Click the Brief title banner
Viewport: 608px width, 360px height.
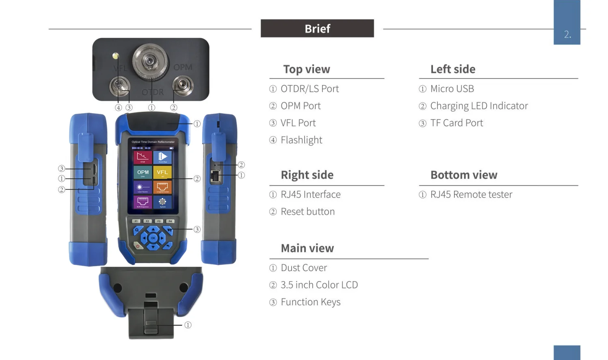click(x=317, y=28)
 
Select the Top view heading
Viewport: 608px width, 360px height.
click(x=307, y=69)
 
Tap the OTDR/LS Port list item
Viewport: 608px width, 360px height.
click(x=309, y=89)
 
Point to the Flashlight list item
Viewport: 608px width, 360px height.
click(x=301, y=140)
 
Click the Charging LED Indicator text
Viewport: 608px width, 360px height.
click(x=479, y=106)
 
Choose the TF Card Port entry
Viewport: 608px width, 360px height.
click(x=457, y=123)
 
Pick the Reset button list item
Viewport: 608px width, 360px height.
click(x=307, y=212)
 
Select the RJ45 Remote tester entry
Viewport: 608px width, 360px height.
click(x=471, y=195)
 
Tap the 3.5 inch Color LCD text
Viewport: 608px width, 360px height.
click(x=319, y=285)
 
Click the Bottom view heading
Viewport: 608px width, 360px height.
click(x=464, y=175)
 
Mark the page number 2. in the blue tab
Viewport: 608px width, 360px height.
click(x=567, y=35)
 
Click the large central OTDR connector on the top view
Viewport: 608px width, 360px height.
click(x=150, y=61)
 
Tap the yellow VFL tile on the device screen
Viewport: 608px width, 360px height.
click(x=162, y=172)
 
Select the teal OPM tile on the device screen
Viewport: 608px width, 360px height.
click(x=143, y=172)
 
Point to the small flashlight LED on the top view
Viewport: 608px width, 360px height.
click(x=115, y=56)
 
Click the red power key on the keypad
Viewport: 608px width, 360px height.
click(x=137, y=246)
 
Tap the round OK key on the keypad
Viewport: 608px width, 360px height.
click(x=153, y=238)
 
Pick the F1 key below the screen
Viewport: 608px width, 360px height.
click(x=136, y=221)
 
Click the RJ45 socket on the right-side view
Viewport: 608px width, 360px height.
click(x=215, y=176)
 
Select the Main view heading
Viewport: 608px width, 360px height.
click(x=307, y=248)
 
